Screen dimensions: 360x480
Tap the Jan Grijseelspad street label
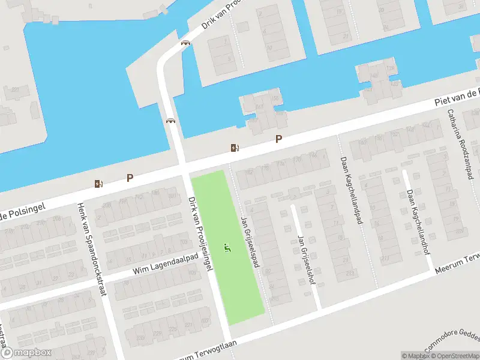[250, 241]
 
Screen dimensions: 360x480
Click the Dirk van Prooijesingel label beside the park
[200, 233]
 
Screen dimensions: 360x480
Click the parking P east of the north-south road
[278, 139]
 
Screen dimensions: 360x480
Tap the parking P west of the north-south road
[130, 178]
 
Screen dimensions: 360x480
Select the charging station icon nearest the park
[234, 148]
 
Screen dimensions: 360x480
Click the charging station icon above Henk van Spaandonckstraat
[98, 184]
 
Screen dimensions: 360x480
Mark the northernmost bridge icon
[186, 43]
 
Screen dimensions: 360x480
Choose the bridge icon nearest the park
[171, 121]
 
